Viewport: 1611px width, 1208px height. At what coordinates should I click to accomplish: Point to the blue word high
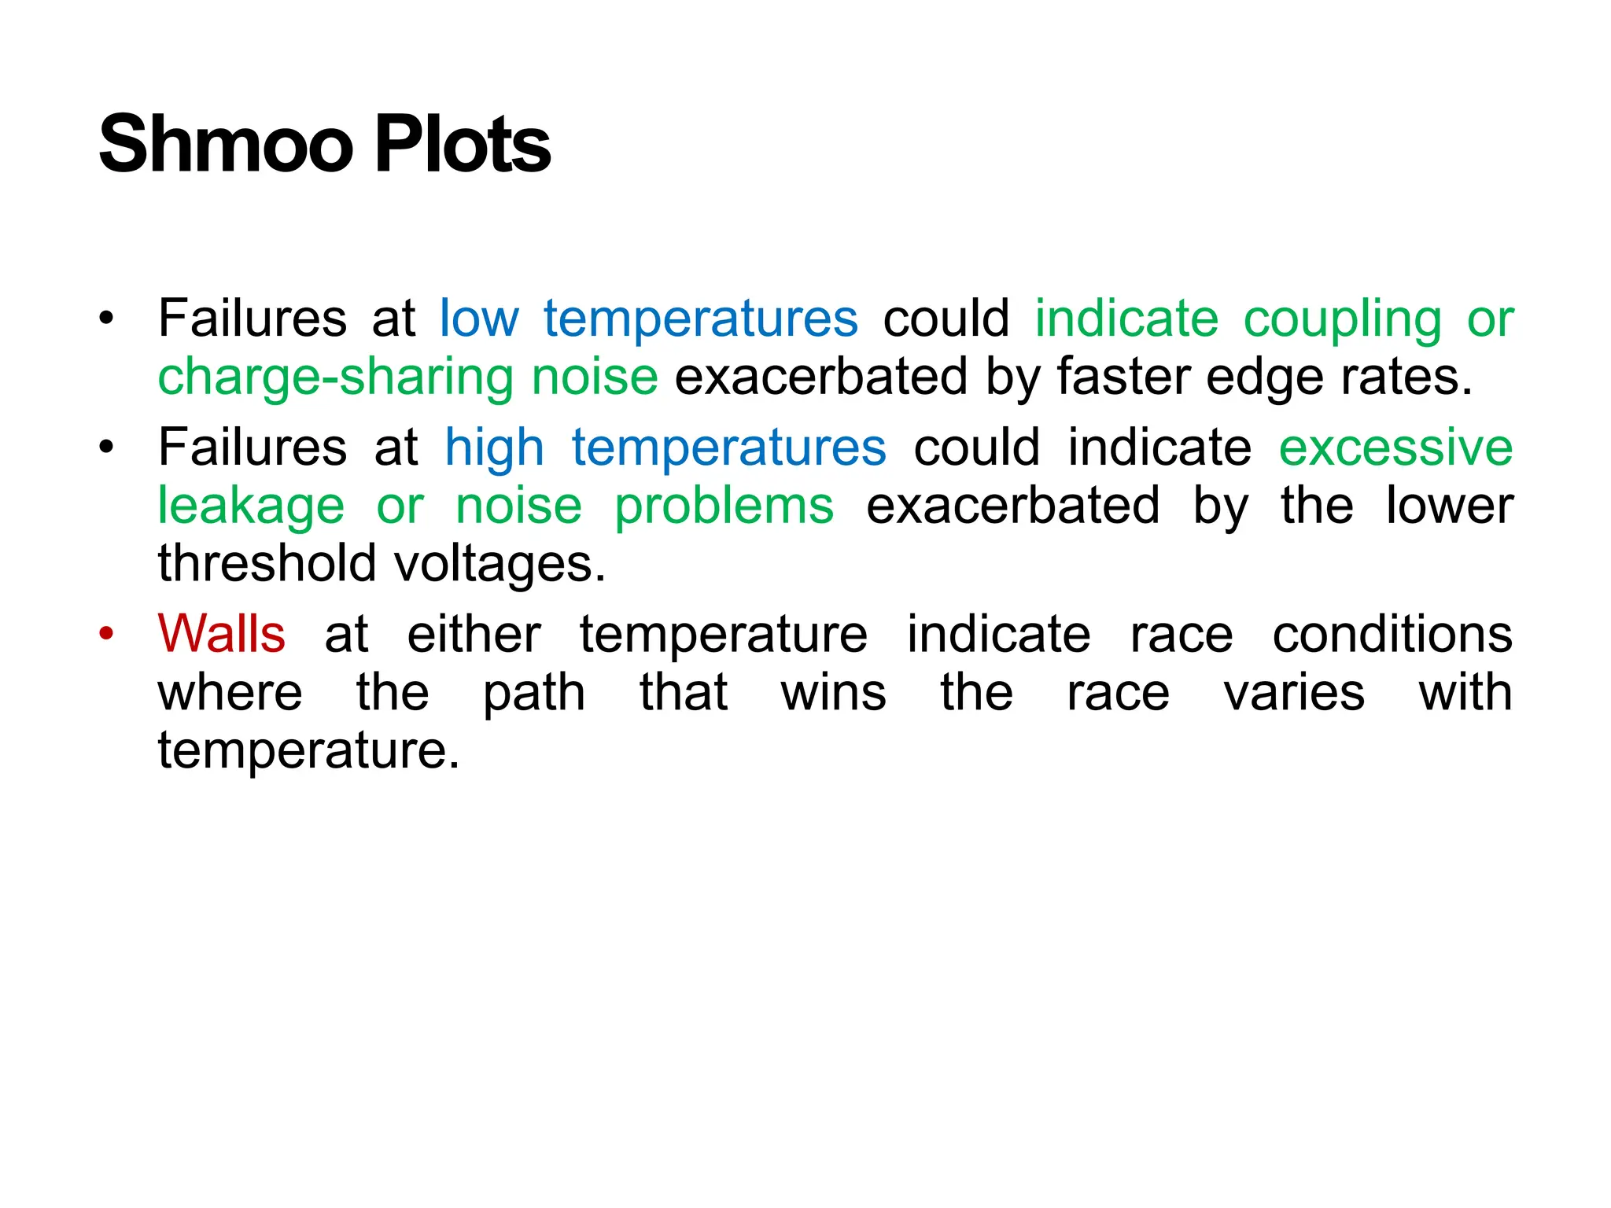pos(494,448)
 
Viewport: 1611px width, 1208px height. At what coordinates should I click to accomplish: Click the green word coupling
pos(1342,320)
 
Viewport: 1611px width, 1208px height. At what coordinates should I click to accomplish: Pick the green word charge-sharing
pos(335,377)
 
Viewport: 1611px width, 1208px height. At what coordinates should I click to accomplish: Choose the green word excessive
pos(1395,448)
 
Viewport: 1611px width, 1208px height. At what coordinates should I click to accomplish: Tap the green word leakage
pos(251,506)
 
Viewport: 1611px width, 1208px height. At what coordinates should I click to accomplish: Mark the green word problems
pos(724,506)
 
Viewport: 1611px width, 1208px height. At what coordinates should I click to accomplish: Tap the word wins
pos(834,693)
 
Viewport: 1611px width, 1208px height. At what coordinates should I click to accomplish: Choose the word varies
pos(1294,693)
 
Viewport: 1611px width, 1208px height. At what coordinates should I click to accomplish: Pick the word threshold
pos(267,564)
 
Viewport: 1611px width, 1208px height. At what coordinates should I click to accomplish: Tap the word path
pos(534,694)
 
